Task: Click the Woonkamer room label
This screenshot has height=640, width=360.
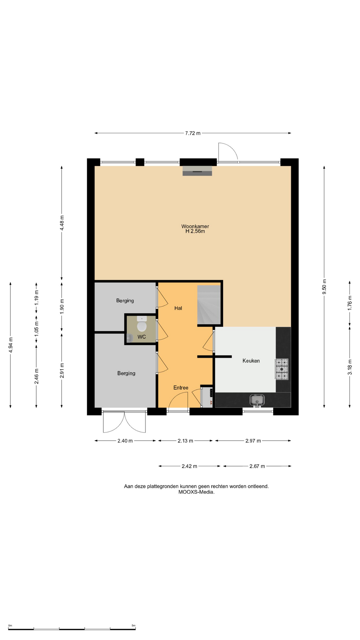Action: [x=195, y=226]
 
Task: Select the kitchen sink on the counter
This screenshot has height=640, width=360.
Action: [x=257, y=400]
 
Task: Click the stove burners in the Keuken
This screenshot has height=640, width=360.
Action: [x=282, y=369]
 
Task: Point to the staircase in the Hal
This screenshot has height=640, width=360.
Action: [x=209, y=305]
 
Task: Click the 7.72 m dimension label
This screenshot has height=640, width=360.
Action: [x=193, y=133]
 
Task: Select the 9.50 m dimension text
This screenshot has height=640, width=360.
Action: [x=324, y=287]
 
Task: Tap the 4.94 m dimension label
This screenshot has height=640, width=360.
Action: [x=11, y=345]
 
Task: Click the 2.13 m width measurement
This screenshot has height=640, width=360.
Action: [x=185, y=441]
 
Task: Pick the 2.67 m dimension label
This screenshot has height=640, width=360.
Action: [x=257, y=466]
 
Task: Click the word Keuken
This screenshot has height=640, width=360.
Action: [x=251, y=361]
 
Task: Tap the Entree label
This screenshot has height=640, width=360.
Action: [x=181, y=388]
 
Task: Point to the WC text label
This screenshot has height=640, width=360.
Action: [x=142, y=337]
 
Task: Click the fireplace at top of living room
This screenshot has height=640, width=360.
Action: [x=197, y=171]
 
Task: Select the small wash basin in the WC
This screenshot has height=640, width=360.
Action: [x=130, y=338]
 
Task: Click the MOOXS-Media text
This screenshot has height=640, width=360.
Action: [x=196, y=492]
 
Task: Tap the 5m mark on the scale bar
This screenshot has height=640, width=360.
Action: [x=133, y=626]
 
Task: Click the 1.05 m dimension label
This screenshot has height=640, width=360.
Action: [x=36, y=328]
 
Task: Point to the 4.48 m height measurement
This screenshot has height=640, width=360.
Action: [x=62, y=223]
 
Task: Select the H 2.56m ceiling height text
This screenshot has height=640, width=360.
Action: [x=195, y=231]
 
